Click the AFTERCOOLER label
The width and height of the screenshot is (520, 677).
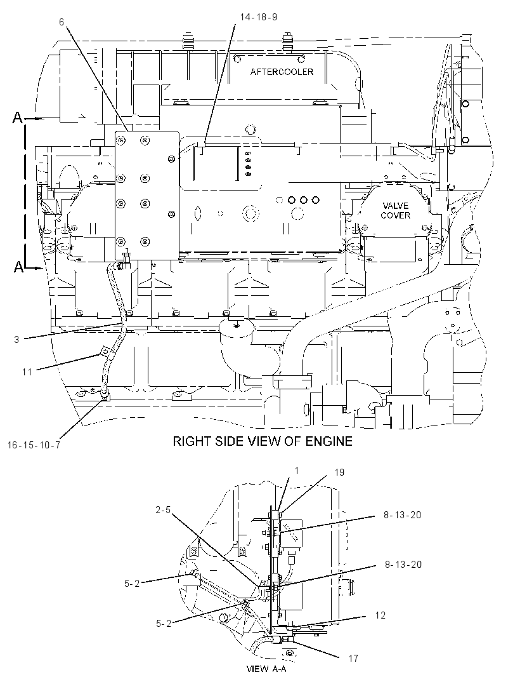(282, 72)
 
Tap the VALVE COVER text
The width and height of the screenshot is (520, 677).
(395, 210)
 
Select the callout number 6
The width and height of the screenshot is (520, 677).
(62, 22)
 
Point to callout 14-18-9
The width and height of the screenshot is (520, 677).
(258, 17)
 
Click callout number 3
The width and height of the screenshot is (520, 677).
(17, 339)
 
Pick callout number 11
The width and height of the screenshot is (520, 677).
(27, 372)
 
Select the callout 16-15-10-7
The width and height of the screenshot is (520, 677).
(34, 445)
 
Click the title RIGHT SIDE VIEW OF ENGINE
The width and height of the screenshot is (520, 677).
(263, 441)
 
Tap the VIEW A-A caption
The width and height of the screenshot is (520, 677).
(266, 669)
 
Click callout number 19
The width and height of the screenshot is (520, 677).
(339, 473)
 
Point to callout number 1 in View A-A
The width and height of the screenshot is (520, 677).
(297, 470)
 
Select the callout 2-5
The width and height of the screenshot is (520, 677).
(163, 510)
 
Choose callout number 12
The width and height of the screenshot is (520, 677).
(380, 615)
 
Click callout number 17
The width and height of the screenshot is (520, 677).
(353, 659)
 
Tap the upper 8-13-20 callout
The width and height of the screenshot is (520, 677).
(402, 514)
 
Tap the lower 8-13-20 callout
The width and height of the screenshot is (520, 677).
(403, 565)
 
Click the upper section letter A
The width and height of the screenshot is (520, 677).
(17, 117)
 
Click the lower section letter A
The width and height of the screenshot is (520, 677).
(18, 268)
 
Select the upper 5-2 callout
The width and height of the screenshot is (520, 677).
(132, 583)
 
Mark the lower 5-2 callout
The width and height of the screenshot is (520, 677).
(164, 624)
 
